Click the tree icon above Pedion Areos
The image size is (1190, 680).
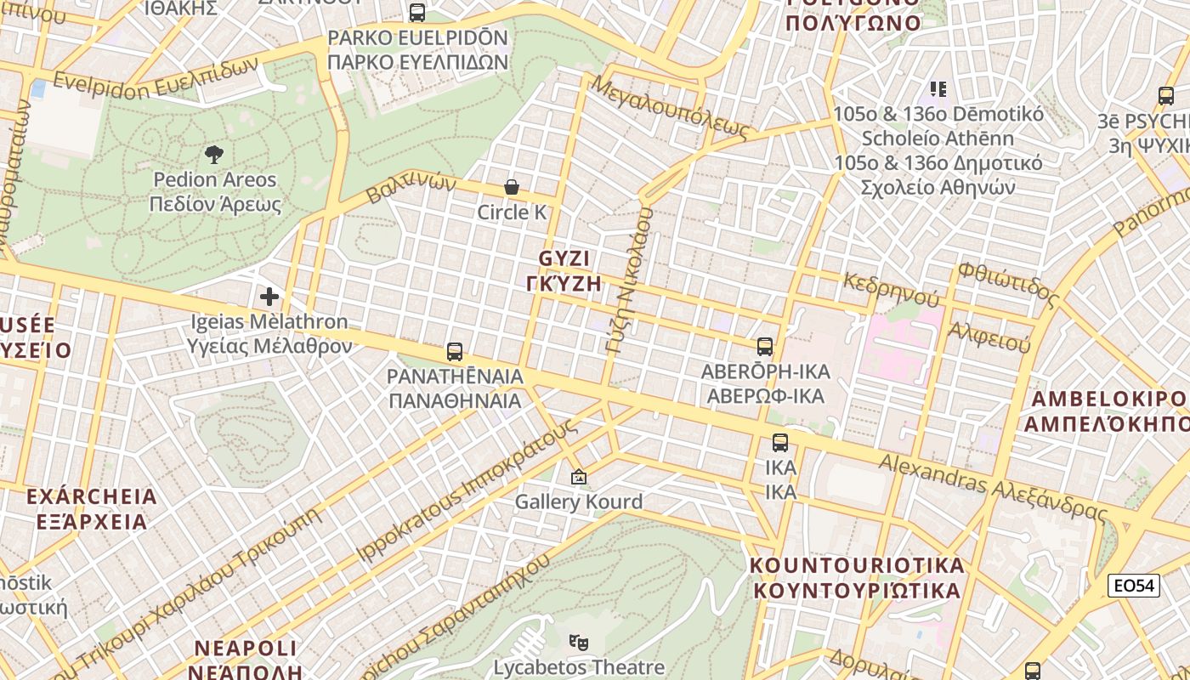point(214,154)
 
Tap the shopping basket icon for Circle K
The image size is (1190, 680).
point(512,187)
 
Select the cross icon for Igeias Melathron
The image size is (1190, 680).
point(269,296)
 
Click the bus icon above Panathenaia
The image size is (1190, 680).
point(455,351)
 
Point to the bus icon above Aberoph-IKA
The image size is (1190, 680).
point(765,346)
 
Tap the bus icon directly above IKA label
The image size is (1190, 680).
point(780,442)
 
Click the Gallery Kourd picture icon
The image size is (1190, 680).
point(579,477)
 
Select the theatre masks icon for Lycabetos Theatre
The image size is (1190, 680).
point(579,642)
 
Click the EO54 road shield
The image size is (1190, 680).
point(1135,586)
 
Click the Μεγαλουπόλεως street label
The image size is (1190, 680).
point(671,107)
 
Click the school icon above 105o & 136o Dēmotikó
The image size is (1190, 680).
point(938,89)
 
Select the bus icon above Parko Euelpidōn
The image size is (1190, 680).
point(417,13)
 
